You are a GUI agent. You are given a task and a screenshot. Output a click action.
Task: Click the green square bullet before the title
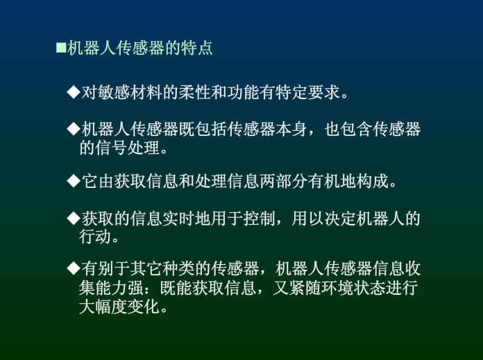point(61,48)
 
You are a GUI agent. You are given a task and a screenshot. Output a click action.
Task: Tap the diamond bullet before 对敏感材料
point(74,92)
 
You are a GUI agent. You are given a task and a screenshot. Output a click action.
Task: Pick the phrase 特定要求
point(307,92)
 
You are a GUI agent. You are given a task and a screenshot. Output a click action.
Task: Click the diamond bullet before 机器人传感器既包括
point(74,129)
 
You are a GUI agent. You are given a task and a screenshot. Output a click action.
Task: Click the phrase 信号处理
point(127,148)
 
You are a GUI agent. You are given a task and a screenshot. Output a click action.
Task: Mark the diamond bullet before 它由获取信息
point(74,181)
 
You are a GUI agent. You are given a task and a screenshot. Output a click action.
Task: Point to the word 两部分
point(283,181)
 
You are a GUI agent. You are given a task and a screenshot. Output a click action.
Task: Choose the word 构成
point(373,181)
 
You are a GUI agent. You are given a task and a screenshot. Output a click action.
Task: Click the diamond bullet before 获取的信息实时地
point(74,218)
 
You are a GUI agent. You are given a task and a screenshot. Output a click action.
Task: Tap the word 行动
point(95,237)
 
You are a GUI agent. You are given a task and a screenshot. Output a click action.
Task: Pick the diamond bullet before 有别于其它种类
point(74,268)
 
